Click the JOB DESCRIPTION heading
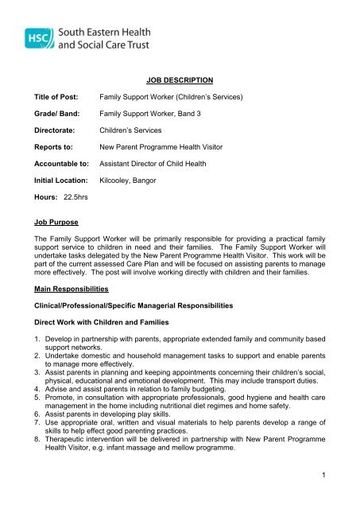180,81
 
